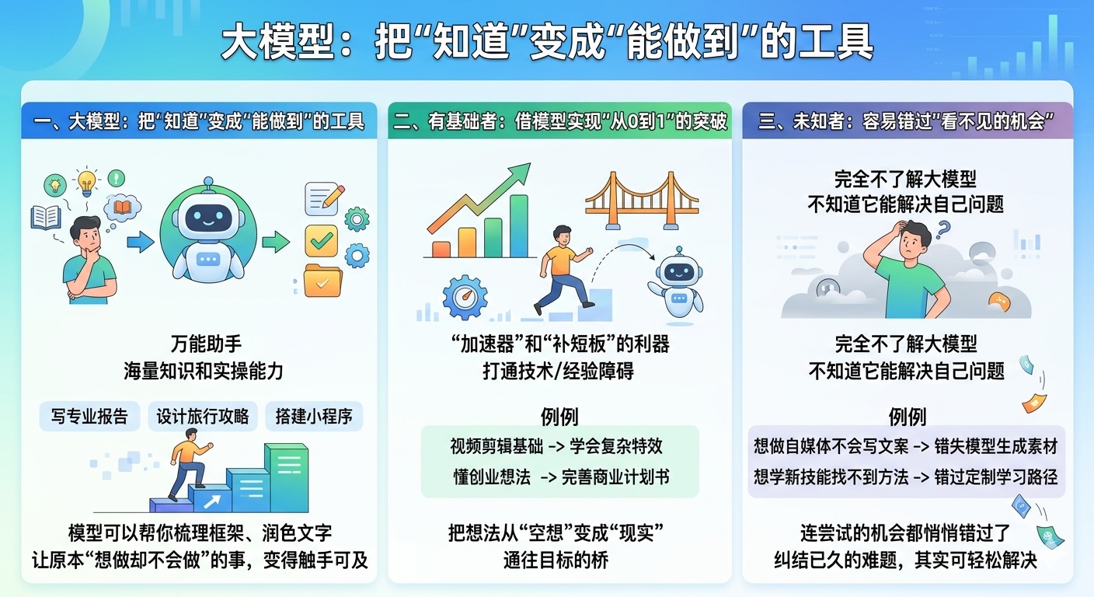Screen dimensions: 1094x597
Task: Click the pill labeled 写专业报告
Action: (89, 416)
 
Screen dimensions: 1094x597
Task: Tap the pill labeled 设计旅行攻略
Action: (203, 416)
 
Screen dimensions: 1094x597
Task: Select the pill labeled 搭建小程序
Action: (314, 416)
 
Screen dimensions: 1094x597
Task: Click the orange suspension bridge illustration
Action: (642, 201)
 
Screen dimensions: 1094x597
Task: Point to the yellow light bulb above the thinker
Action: (86, 181)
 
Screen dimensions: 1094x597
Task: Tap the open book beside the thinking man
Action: (46, 218)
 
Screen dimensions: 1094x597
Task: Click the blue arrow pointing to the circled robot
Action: (140, 242)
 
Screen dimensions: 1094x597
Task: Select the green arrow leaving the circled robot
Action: (276, 242)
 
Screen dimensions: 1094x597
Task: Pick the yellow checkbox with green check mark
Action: (322, 241)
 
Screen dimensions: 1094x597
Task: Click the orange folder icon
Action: (322, 281)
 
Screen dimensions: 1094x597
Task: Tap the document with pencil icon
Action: (323, 198)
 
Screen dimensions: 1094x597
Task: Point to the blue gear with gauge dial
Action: (465, 297)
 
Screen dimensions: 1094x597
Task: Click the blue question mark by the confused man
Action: (943, 229)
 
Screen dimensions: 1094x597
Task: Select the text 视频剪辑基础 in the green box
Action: (496, 446)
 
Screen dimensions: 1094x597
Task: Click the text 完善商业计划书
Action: (615, 477)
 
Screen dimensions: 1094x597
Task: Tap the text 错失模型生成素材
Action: (996, 446)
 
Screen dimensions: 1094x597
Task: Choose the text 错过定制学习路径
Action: (996, 477)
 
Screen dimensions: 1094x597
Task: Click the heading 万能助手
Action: (206, 344)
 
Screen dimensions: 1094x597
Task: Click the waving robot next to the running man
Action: (677, 284)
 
